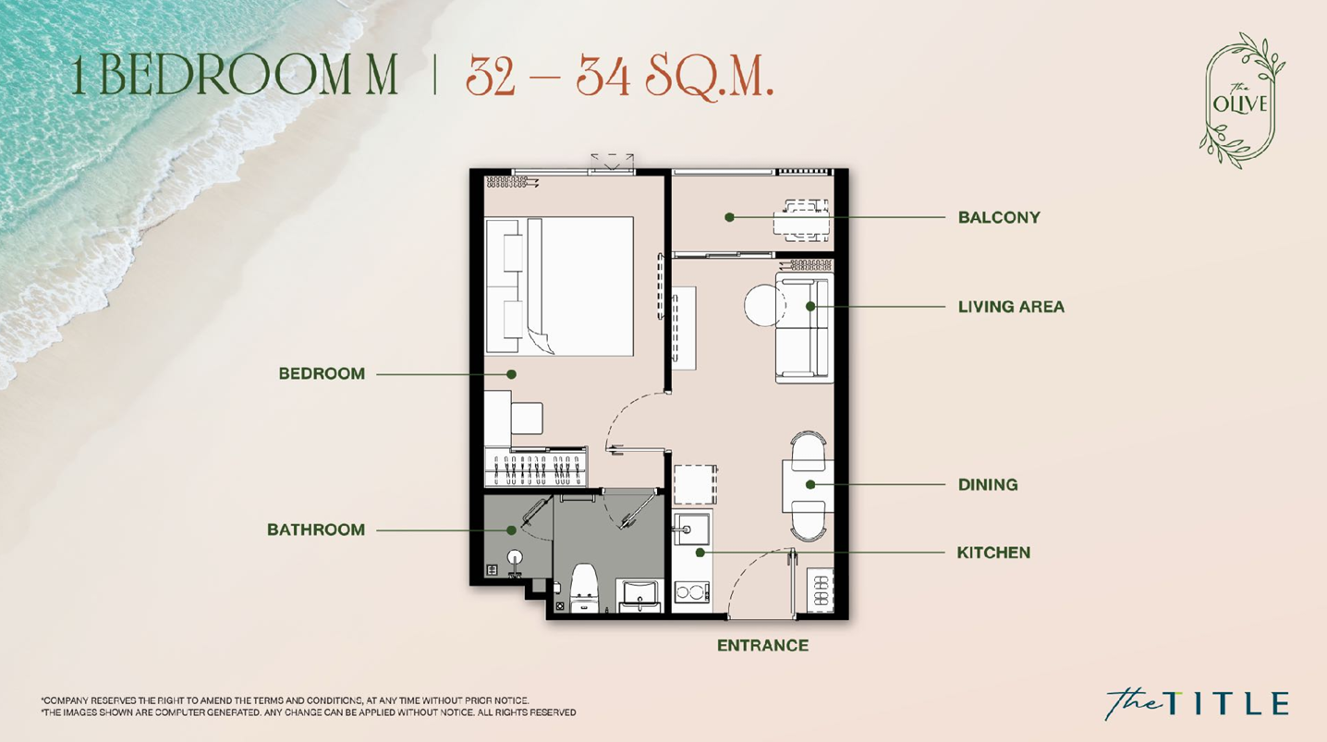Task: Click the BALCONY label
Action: (x=999, y=217)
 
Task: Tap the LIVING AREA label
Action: (x=1011, y=307)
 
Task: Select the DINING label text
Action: (x=988, y=484)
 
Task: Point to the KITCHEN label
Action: (x=993, y=553)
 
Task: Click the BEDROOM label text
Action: (x=322, y=373)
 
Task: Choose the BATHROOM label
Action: (x=316, y=529)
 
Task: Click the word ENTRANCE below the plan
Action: (x=762, y=646)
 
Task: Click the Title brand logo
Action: (x=1197, y=703)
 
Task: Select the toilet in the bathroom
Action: (x=583, y=587)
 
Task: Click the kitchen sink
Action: (x=692, y=529)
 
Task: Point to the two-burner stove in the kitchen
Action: (x=692, y=591)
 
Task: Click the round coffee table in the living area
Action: (x=765, y=305)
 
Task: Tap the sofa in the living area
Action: (x=804, y=327)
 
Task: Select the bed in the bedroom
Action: (x=559, y=286)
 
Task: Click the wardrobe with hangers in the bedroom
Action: (x=536, y=468)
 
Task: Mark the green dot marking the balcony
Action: (x=730, y=217)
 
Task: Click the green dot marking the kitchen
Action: (x=700, y=553)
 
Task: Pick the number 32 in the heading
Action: (x=490, y=76)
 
